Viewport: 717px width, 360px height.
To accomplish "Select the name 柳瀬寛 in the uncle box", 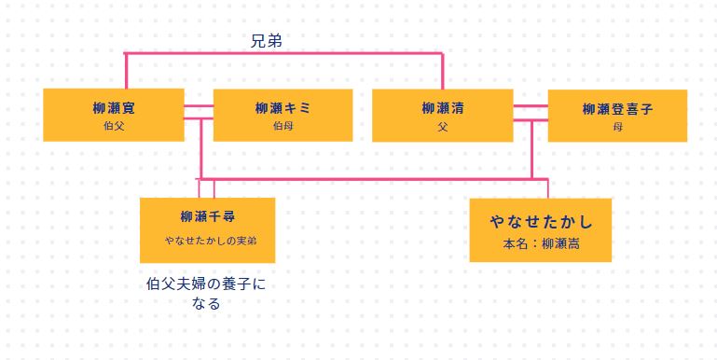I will (115, 107).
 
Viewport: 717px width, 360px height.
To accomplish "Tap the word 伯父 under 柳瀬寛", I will (115, 125).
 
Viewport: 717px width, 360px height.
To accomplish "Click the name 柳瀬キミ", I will (282, 108).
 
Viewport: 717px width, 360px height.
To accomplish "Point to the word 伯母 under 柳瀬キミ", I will (282, 125).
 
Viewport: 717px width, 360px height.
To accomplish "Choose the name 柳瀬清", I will (442, 108).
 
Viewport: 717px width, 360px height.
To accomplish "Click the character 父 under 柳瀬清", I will (442, 125).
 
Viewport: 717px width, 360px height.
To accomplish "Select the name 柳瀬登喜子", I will (617, 109).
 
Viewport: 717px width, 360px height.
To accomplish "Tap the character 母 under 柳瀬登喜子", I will (617, 126).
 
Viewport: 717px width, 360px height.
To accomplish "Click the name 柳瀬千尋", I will (207, 216).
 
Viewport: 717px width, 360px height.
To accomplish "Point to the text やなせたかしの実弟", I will (211, 240).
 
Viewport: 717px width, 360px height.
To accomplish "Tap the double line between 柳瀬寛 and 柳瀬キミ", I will (199, 113).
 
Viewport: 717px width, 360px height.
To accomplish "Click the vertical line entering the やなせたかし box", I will (548, 188).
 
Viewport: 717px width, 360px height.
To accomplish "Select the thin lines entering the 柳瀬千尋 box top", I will (207, 188).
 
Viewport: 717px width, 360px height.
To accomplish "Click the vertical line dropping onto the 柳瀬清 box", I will (442, 71).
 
